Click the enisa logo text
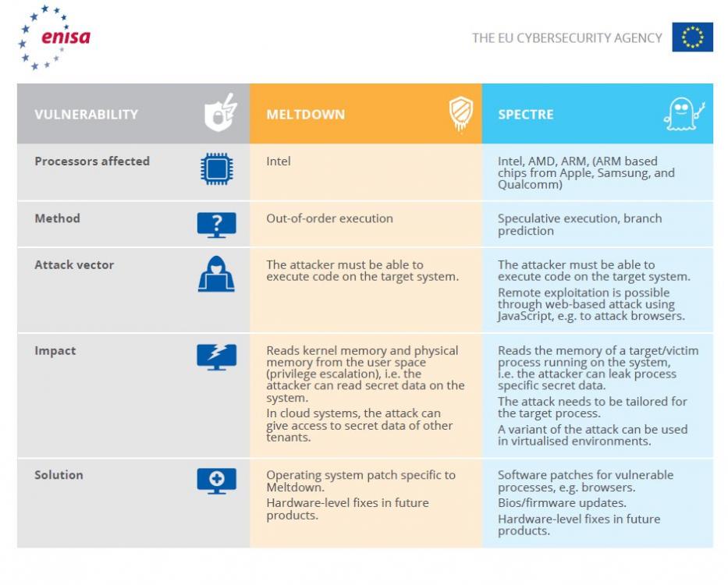click(66, 37)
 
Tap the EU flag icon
click(692, 37)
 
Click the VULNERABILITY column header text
click(86, 115)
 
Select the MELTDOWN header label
click(305, 115)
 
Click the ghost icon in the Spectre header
click(684, 115)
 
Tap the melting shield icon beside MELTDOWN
click(460, 114)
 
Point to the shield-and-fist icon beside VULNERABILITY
click(219, 114)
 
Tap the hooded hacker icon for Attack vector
click(216, 275)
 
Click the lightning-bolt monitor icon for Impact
click(216, 356)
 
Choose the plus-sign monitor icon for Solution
click(216, 480)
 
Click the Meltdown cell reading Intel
click(279, 161)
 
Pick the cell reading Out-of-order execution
click(329, 218)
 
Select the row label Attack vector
click(74, 265)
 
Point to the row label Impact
click(55, 351)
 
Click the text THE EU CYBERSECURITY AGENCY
click(566, 37)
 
